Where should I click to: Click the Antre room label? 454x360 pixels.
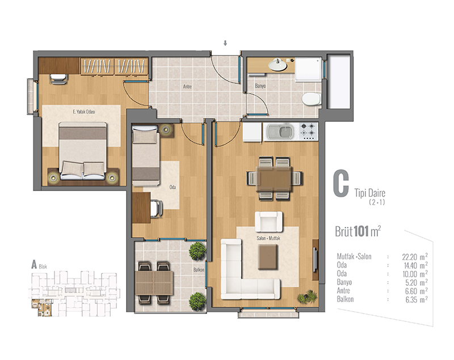pyautogui.click(x=187, y=87)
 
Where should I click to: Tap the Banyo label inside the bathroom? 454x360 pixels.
pyautogui.click(x=260, y=86)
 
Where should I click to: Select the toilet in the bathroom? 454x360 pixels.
pyautogui.click(x=311, y=99)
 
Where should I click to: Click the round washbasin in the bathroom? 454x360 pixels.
pyautogui.click(x=278, y=65)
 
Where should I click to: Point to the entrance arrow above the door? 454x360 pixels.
pyautogui.click(x=225, y=43)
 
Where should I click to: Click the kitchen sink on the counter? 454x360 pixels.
pyautogui.click(x=280, y=132)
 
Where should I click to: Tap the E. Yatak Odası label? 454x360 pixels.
pyautogui.click(x=84, y=112)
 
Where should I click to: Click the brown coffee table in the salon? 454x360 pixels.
pyautogui.click(x=268, y=257)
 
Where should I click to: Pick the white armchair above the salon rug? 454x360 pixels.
pyautogui.click(x=268, y=222)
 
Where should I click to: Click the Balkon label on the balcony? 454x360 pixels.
pyautogui.click(x=199, y=270)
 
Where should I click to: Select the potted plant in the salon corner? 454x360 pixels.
pyautogui.click(x=308, y=297)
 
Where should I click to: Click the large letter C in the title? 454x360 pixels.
pyautogui.click(x=341, y=183)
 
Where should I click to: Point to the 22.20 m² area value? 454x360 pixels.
pyautogui.click(x=415, y=257)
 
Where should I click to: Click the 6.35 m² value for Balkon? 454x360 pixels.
pyautogui.click(x=417, y=299)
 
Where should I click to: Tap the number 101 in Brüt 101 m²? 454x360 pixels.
pyautogui.click(x=361, y=231)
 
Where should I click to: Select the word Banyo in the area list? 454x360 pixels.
pyautogui.click(x=344, y=282)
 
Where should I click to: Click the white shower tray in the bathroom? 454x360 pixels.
pyautogui.click(x=308, y=69)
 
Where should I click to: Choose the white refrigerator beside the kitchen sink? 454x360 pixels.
pyautogui.click(x=252, y=132)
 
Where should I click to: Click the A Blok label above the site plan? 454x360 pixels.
pyautogui.click(x=39, y=265)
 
